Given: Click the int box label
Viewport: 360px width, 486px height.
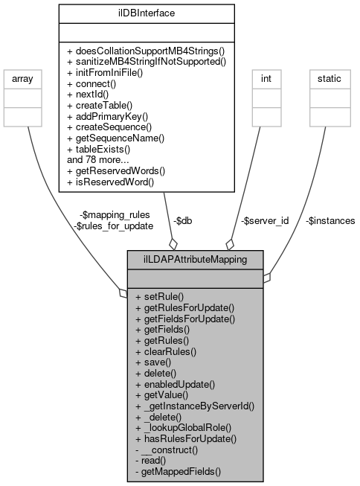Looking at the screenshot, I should pyautogui.click(x=265, y=78).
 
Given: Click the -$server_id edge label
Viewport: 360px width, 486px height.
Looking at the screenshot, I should pyautogui.click(x=265, y=221).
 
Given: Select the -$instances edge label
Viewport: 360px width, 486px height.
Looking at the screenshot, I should pyautogui.click(x=330, y=221).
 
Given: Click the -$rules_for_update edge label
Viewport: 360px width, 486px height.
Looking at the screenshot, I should pyautogui.click(x=114, y=226).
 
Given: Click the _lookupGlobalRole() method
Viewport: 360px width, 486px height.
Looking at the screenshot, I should pyautogui.click(x=184, y=428).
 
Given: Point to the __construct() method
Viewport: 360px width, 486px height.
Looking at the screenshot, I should pyautogui.click(x=171, y=450).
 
